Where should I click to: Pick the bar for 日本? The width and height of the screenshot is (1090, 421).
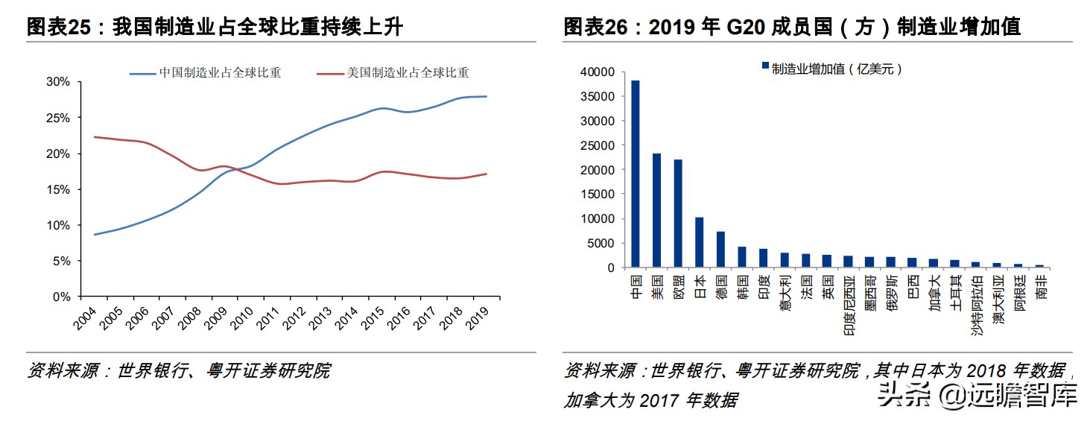tap(699, 242)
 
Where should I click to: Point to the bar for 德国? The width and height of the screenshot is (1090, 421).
tap(720, 249)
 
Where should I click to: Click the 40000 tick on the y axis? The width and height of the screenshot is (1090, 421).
tap(595, 72)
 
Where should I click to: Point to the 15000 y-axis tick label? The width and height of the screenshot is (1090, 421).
tap(595, 194)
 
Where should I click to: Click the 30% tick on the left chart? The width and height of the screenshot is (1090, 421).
tap(58, 82)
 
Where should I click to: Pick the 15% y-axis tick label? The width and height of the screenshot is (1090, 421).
tap(58, 189)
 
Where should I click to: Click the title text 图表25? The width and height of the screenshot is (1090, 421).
tap(63, 28)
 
